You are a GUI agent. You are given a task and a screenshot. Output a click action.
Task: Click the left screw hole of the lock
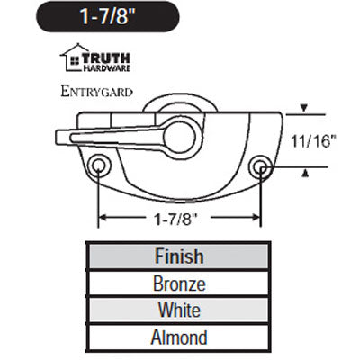tap(98, 166)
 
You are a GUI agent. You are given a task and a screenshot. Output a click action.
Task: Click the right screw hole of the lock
tap(261, 166)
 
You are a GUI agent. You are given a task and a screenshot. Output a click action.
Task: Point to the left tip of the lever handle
tap(60, 136)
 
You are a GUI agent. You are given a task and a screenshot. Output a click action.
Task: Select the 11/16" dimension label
tap(317, 140)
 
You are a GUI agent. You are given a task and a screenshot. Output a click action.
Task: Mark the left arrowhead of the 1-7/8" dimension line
tap(103, 217)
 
